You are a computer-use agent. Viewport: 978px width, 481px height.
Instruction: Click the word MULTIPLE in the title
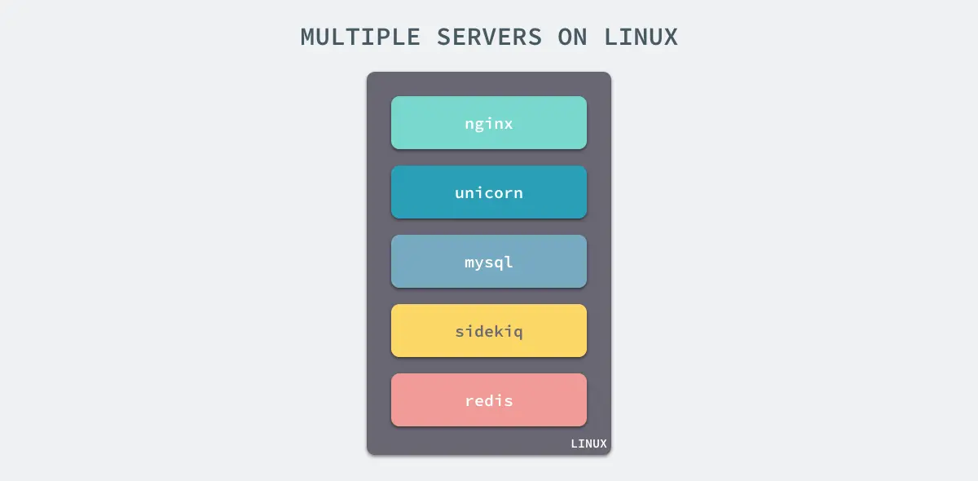tap(360, 38)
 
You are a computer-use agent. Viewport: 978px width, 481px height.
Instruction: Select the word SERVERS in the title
tap(489, 38)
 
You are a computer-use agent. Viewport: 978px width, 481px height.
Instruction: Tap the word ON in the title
tap(573, 38)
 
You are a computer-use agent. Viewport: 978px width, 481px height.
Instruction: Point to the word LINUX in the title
tap(641, 38)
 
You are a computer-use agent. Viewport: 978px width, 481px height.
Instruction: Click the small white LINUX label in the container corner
tap(588, 444)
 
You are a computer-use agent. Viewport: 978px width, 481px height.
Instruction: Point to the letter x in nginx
tap(509, 124)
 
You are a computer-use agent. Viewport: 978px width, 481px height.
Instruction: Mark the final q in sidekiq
tap(518, 333)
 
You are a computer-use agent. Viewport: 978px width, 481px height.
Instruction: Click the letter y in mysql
tap(480, 263)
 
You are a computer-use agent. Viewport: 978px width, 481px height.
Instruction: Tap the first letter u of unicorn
tap(460, 193)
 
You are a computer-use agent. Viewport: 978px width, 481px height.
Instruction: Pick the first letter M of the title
tap(307, 38)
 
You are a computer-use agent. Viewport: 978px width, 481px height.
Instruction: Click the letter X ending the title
tap(671, 38)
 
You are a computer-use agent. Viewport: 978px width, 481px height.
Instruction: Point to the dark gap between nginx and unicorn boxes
tap(489, 157)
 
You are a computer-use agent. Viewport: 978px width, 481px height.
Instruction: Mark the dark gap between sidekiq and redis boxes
tap(489, 365)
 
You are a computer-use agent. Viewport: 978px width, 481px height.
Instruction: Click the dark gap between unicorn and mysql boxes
tap(489, 227)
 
